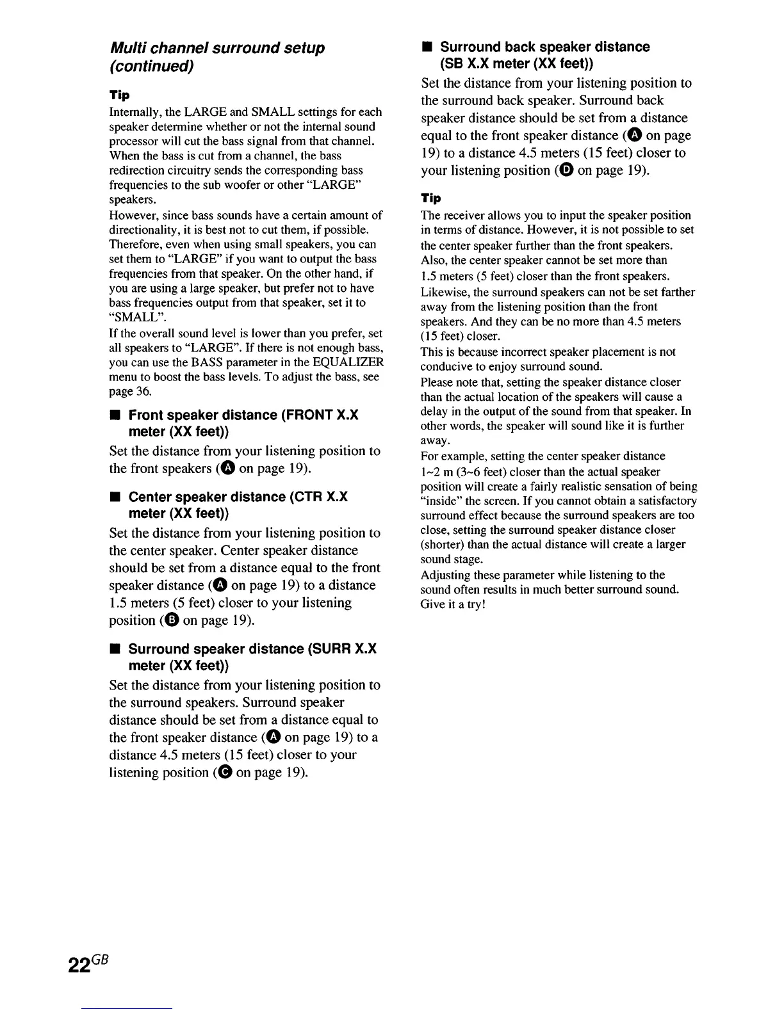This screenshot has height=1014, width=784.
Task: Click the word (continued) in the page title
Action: tap(152, 66)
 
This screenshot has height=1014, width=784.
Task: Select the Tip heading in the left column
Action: tap(119, 95)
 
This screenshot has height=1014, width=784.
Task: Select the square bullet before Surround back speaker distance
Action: tap(425, 47)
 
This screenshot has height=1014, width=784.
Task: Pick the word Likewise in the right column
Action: tap(441, 292)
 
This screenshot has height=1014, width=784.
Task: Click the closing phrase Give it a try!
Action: tap(453, 604)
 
